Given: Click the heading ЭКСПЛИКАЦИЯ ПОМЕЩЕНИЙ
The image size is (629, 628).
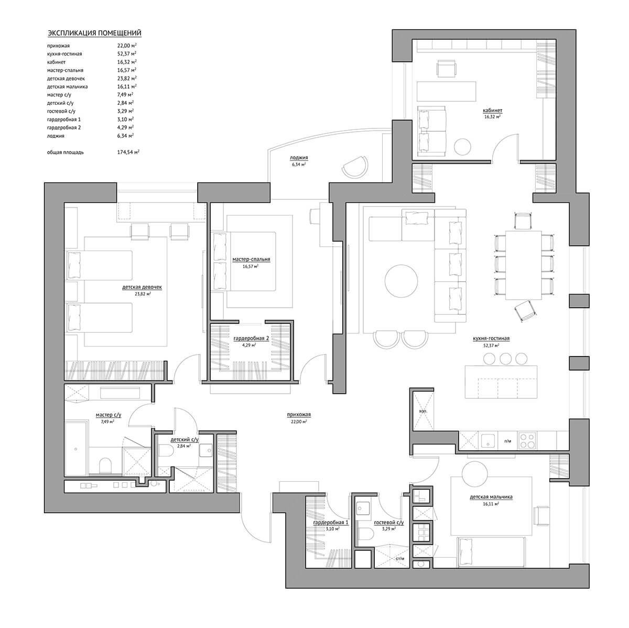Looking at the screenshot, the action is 94,33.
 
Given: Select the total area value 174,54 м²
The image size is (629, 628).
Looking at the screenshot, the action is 128,152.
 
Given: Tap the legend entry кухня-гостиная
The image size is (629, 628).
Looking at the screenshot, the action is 64,53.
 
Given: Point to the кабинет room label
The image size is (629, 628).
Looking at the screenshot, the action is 493,111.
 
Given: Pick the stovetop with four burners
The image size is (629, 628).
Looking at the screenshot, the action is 527,441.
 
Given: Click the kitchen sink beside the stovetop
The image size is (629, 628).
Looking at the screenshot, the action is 487,441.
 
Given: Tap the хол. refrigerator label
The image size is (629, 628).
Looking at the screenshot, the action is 422,411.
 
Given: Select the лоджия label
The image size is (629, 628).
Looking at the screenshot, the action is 299,158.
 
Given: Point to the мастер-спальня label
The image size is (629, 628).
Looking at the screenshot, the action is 251,259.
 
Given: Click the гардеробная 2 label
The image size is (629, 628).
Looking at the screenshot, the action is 251,338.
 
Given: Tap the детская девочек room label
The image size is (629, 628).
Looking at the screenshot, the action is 142,287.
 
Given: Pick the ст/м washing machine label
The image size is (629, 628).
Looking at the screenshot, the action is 400,558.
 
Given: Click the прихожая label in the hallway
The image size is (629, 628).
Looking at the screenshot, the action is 299,415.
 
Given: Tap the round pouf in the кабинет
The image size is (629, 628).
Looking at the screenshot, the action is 462,147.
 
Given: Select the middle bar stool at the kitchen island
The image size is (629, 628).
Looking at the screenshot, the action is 505,359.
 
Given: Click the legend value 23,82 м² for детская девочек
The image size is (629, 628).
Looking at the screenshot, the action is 127,79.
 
